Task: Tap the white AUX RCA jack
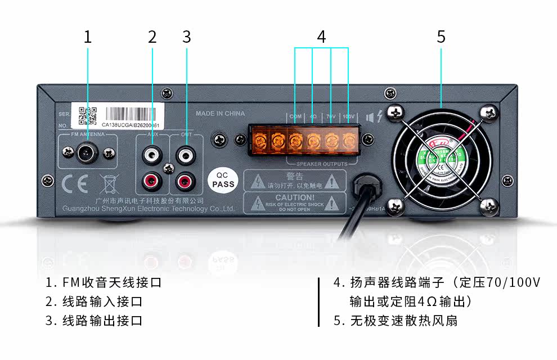point(152,153)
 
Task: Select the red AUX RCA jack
point(152,181)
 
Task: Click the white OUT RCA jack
point(184,153)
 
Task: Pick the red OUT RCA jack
point(184,181)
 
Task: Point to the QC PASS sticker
point(223,179)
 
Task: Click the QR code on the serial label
point(87,115)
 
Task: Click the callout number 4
point(321,37)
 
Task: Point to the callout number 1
point(87,37)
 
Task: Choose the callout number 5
point(441,37)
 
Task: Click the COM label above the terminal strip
point(295,117)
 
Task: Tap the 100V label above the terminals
point(349,117)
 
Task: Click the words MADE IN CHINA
point(220,114)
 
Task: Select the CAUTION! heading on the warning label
point(295,197)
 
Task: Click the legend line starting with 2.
point(94,301)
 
